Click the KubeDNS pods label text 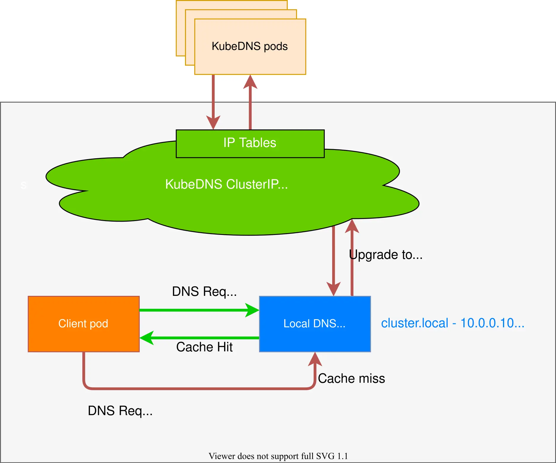[250, 46]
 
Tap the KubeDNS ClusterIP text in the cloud [226, 184]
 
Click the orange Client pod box [83, 324]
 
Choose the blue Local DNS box [315, 324]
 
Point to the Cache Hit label [204, 347]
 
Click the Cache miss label [351, 379]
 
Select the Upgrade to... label [385, 255]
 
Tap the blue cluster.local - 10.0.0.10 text [452, 323]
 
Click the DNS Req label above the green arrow [204, 292]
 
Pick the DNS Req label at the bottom [120, 411]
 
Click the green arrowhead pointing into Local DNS [253, 310]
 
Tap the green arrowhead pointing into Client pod [147, 338]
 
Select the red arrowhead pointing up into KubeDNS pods [250, 82]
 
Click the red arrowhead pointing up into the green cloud [352, 226]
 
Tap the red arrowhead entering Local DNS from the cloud [333, 289]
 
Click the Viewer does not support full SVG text [278, 456]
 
